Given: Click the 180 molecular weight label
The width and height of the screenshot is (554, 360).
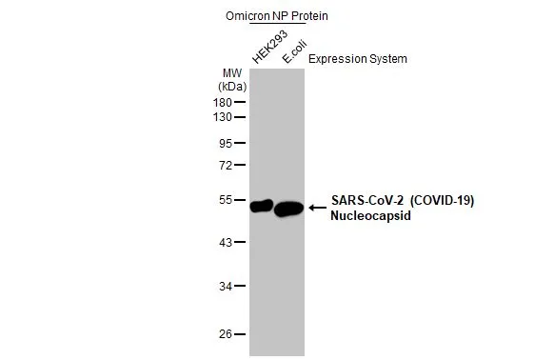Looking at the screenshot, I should pos(222,102).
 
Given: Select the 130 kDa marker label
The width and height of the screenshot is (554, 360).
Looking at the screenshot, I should pos(222,117).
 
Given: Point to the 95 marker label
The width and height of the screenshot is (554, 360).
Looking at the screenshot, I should pos(225,144).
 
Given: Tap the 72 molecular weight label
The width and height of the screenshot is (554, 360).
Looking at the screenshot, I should pos(225,165).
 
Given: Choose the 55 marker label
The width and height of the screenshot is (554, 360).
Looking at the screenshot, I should pos(225,200).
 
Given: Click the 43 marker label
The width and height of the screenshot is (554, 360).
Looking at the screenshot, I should pos(225,243).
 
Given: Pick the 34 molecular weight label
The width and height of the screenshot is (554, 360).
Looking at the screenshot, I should pos(225,286).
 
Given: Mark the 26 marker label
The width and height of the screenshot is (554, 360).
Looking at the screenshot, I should pos(225,334).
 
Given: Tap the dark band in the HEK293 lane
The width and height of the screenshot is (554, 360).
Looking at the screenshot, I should pos(261,206).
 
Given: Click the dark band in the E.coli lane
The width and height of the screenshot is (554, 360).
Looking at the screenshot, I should pos(288,209).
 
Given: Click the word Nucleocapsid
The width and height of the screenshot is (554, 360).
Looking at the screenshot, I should pos(366,216).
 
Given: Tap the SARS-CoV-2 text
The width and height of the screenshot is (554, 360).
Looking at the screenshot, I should pos(361,200).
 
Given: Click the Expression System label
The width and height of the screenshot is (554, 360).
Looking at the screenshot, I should pos(358,59).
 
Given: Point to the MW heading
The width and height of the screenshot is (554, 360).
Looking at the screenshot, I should pos(230,72).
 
